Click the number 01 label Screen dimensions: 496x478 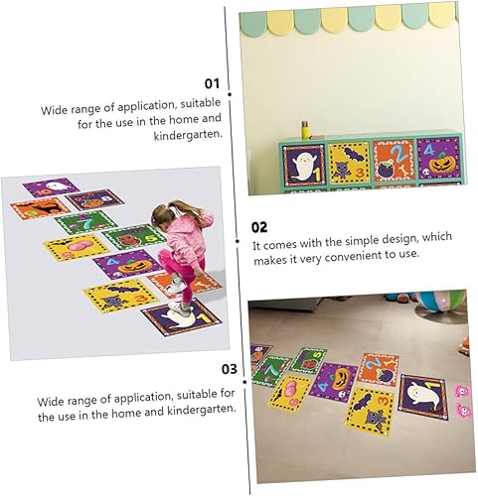click(211, 84)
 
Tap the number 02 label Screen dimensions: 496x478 click(260, 226)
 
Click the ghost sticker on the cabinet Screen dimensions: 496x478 click(302, 162)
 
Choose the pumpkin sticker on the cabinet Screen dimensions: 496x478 click(439, 158)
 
